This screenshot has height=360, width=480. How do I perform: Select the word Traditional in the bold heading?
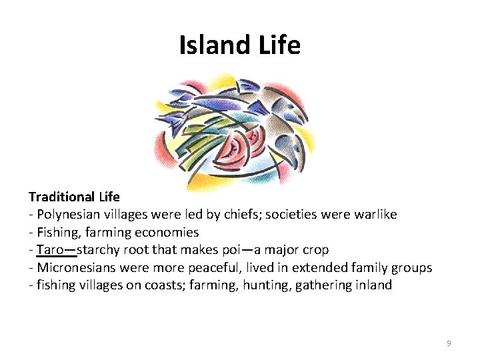click(x=62, y=197)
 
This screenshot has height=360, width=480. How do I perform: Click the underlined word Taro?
click(x=50, y=250)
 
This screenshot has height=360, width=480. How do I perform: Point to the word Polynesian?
click(x=69, y=215)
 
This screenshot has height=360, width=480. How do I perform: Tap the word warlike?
click(x=370, y=215)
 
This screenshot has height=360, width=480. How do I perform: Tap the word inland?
click(x=373, y=286)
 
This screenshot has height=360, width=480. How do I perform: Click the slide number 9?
click(x=449, y=343)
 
